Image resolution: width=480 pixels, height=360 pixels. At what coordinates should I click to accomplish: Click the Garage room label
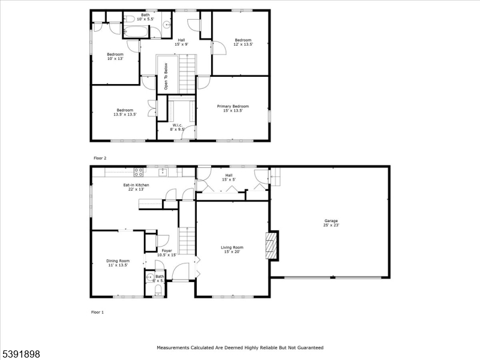331,221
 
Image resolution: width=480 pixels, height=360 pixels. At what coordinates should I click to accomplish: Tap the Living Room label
232,247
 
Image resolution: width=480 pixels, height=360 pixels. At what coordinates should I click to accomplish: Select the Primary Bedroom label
233,106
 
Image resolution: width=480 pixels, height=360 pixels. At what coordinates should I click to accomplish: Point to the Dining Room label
118,261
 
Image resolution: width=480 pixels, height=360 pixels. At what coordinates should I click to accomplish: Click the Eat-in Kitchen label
136,185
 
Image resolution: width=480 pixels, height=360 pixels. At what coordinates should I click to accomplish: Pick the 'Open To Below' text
166,76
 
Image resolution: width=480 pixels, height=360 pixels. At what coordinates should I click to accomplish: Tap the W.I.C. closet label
177,125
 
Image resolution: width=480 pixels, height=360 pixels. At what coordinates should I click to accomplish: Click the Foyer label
167,250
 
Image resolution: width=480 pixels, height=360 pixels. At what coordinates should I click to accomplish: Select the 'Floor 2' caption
100,158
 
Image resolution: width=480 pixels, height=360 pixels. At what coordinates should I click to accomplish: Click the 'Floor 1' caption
97,312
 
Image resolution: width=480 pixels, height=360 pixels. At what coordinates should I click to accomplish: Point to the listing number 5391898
20,354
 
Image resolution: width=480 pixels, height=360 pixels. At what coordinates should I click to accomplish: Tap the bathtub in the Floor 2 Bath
136,31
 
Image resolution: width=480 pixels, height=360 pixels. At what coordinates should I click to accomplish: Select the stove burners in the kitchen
139,172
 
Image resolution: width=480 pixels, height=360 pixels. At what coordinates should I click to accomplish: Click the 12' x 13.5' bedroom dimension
243,44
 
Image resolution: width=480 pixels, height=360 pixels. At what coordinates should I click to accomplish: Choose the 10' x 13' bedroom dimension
115,58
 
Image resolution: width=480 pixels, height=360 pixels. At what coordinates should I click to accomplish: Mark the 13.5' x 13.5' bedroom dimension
125,115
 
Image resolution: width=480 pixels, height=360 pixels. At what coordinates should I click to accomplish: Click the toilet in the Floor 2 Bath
129,18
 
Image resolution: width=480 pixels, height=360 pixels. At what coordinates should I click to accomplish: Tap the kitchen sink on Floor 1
163,172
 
